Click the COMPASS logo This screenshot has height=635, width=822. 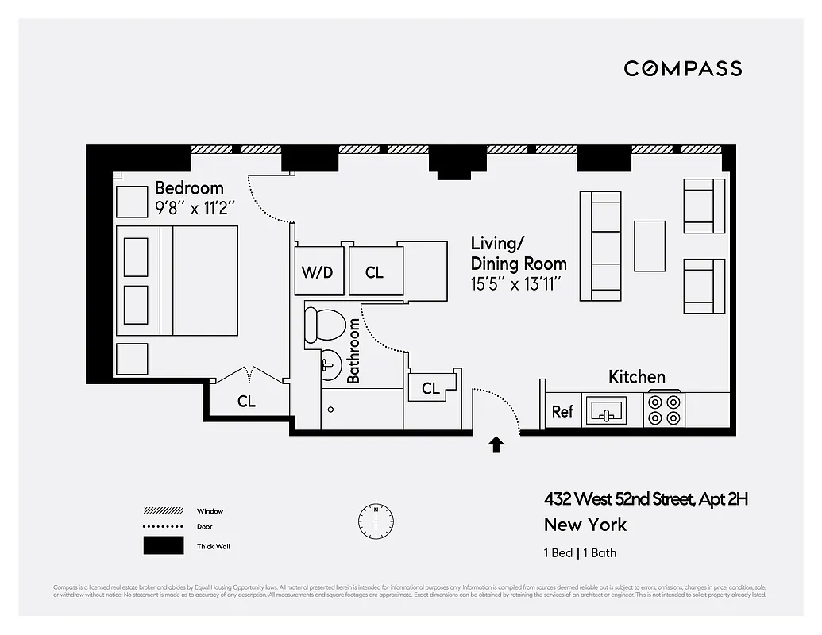pyautogui.click(x=682, y=68)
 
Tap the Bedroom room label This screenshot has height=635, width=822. pyautogui.click(x=189, y=188)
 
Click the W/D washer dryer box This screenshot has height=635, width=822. pyautogui.click(x=317, y=272)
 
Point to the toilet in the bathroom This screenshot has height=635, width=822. pyautogui.click(x=325, y=325)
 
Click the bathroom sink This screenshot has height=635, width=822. pyautogui.click(x=330, y=365)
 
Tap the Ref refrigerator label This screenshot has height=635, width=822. pyautogui.click(x=562, y=411)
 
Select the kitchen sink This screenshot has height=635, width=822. pyautogui.click(x=606, y=411)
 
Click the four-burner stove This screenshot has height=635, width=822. pyautogui.click(x=664, y=410)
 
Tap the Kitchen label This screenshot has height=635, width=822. pyautogui.click(x=636, y=377)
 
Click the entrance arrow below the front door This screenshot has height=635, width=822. pyautogui.click(x=496, y=444)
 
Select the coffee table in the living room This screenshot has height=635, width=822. pyautogui.click(x=650, y=245)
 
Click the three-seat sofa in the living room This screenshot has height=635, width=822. pyautogui.click(x=600, y=246)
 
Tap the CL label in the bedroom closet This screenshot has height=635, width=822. pyautogui.click(x=246, y=402)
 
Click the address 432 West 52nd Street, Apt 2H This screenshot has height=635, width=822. pyautogui.click(x=646, y=499)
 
